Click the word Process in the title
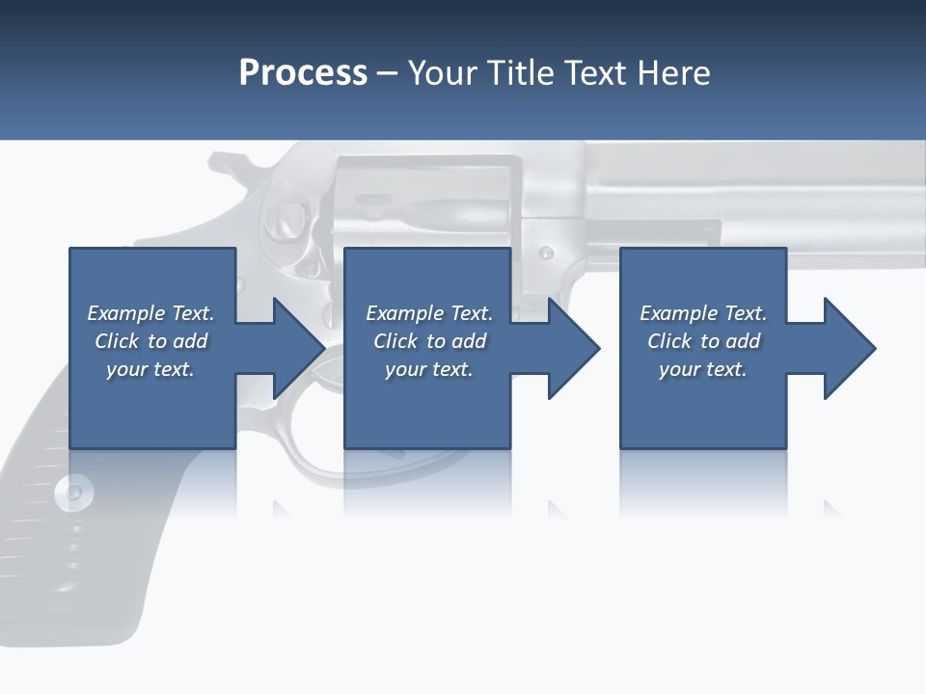[x=303, y=73]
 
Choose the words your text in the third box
[x=702, y=369]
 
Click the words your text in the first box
[x=150, y=369]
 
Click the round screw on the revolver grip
[x=74, y=493]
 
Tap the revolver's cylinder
[x=424, y=207]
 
